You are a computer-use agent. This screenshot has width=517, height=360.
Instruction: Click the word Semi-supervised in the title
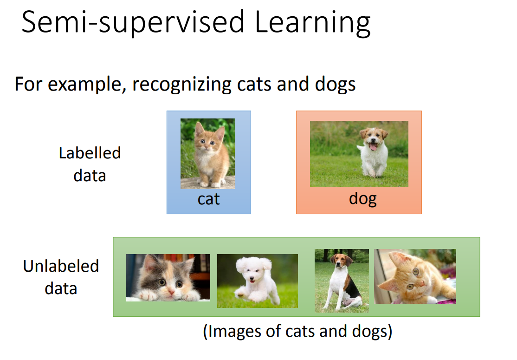point(133,22)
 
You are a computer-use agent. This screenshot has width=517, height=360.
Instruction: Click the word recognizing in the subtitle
point(182,85)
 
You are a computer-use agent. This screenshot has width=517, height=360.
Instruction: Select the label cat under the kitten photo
point(208,199)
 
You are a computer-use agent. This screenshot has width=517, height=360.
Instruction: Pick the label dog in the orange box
point(363,199)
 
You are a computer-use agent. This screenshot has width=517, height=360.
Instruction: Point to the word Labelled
point(90,153)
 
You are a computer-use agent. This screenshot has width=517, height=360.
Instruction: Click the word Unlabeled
point(61,266)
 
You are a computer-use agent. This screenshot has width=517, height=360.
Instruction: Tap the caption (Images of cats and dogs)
point(297,331)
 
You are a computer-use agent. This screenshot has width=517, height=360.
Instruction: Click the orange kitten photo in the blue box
point(208,153)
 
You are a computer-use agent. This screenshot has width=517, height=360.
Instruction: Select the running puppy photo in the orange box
point(359,153)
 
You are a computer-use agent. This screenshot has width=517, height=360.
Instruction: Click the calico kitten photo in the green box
point(168,277)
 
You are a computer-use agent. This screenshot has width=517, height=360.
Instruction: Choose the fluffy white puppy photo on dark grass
point(258,281)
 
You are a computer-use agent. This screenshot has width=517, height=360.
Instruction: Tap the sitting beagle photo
point(342,281)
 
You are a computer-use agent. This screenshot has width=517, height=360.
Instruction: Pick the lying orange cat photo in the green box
point(415,276)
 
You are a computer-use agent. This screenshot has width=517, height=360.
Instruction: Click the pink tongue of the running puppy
point(373,146)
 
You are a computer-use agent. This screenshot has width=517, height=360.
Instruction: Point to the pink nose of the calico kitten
point(171,292)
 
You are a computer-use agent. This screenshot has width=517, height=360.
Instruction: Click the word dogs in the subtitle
point(336,85)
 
